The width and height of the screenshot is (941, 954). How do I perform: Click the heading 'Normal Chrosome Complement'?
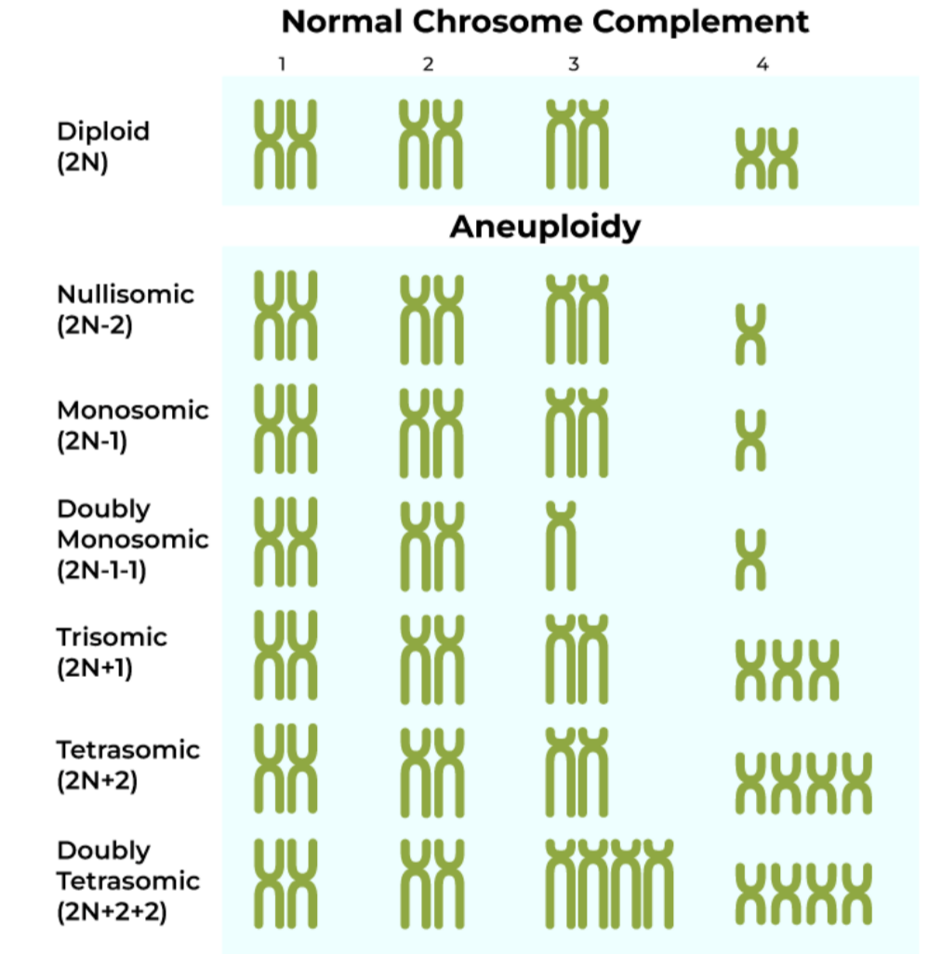[545, 21]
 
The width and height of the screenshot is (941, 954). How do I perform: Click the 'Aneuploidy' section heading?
[545, 227]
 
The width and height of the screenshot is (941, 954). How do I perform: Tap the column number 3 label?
[574, 64]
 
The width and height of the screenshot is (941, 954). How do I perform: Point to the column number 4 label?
[762, 65]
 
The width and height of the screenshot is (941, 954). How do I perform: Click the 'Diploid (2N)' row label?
[103, 146]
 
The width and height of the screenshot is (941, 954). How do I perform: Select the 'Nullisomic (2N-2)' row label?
[126, 310]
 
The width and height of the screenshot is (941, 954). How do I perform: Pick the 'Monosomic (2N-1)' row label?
[133, 425]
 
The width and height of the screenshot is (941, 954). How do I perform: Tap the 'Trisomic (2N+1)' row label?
[112, 652]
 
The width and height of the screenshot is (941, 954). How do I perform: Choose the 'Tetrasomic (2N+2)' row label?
[127, 764]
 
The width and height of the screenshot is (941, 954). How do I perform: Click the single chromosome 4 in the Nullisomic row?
[750, 334]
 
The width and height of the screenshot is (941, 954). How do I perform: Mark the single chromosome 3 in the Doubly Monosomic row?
[562, 545]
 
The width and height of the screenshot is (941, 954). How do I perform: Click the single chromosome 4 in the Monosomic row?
[750, 440]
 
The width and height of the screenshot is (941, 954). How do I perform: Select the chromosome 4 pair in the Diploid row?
[767, 159]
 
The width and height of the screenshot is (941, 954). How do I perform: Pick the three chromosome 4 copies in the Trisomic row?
[787, 670]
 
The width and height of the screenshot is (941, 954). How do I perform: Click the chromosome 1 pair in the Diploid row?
[285, 144]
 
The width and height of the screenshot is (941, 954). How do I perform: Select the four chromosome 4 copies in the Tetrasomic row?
[804, 783]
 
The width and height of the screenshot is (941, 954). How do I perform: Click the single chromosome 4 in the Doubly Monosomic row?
[750, 560]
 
